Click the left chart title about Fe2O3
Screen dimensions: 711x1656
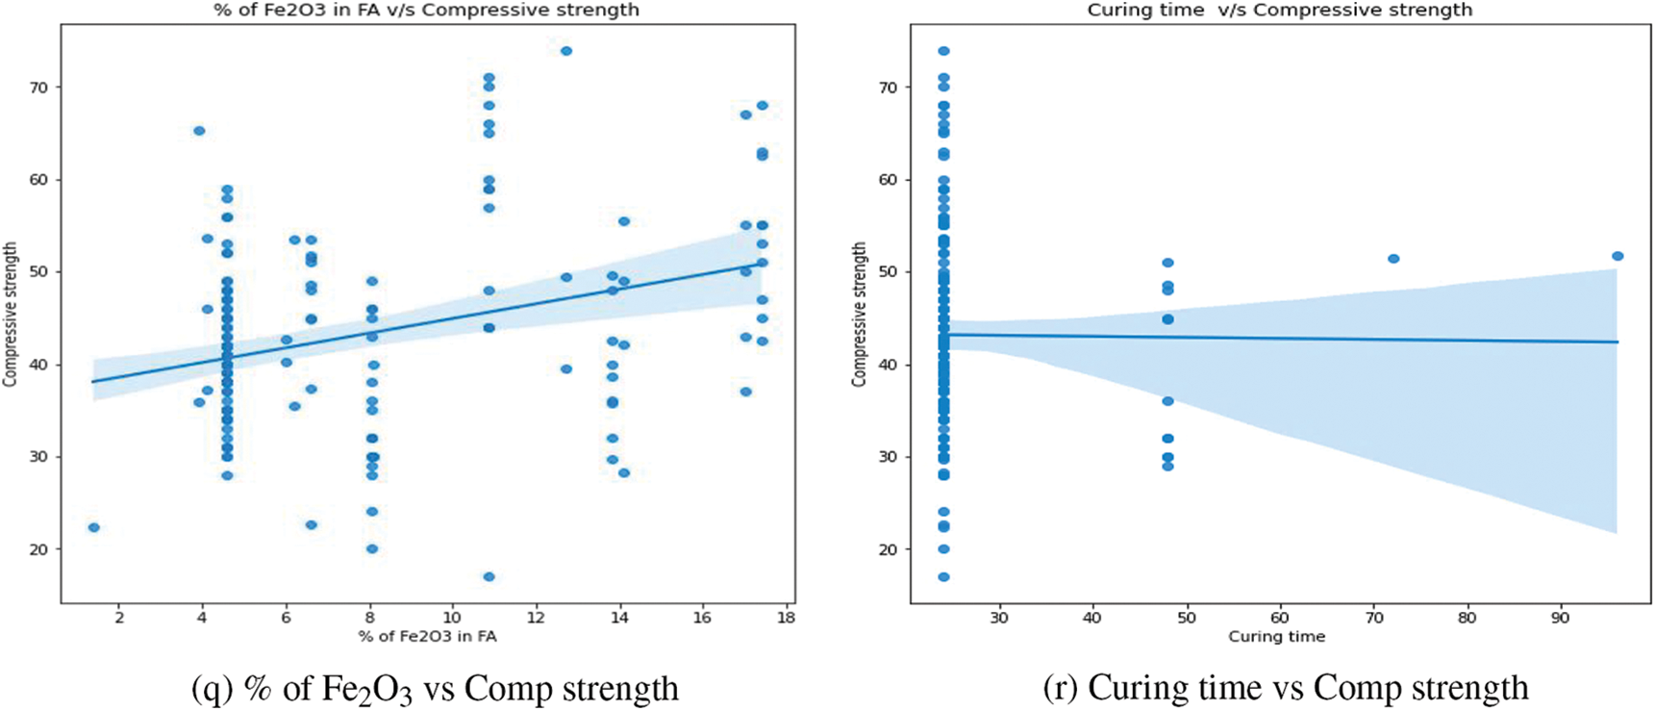[426, 10]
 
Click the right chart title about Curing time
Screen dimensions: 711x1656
[1279, 10]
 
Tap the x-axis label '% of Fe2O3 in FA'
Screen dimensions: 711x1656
[427, 636]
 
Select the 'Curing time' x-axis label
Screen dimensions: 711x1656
[1276, 636]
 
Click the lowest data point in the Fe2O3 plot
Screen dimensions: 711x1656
[489, 577]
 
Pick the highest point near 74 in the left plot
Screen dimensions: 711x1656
[566, 51]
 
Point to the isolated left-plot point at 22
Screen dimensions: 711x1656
[93, 527]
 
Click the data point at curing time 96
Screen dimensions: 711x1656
[1618, 256]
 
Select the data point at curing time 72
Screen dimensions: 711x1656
[1393, 259]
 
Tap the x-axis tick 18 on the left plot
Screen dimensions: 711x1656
[786, 618]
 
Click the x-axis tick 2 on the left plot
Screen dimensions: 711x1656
[119, 618]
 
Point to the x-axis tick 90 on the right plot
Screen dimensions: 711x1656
[1560, 618]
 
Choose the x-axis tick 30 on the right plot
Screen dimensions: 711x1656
[999, 618]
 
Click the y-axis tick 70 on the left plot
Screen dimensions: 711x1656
[38, 88]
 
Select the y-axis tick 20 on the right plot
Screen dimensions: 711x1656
[888, 549]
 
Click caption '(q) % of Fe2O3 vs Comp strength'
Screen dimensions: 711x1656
[435, 689]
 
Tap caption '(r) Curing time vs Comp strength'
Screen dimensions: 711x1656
[1285, 689]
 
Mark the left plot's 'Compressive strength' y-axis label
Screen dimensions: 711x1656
[11, 315]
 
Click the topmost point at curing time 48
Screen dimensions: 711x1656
[1167, 263]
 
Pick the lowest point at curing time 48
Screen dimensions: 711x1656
[1167, 467]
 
